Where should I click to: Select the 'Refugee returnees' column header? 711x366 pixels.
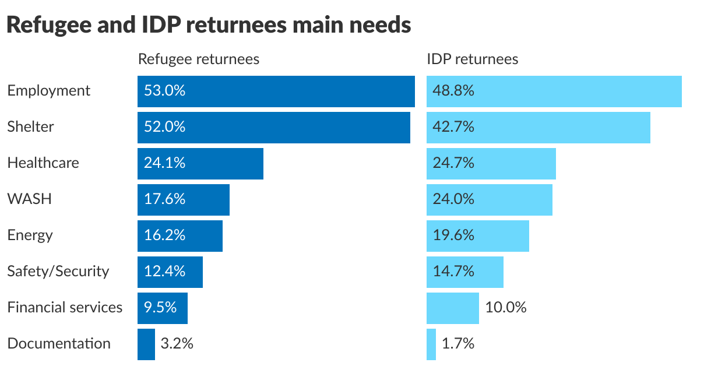pyautogui.click(x=198, y=59)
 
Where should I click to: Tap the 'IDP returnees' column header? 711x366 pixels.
pyautogui.click(x=472, y=59)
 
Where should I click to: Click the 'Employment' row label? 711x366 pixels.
pyautogui.click(x=49, y=91)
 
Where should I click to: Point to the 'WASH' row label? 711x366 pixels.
pyautogui.click(x=29, y=199)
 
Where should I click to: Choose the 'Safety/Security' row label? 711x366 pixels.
pyautogui.click(x=58, y=272)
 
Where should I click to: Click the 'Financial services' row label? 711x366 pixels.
pyautogui.click(x=65, y=308)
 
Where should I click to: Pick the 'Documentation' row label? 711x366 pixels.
pyautogui.click(x=59, y=344)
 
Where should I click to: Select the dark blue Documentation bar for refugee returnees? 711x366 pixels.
pyautogui.click(x=146, y=344)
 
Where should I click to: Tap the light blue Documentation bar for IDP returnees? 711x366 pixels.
pyautogui.click(x=431, y=344)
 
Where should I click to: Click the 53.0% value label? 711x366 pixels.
pyautogui.click(x=164, y=91)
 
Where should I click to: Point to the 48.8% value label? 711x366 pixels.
pyautogui.click(x=453, y=91)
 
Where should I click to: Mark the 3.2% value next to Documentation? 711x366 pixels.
pyautogui.click(x=177, y=344)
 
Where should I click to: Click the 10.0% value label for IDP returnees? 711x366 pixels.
pyautogui.click(x=505, y=308)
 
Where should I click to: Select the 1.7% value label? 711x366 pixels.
pyautogui.click(x=457, y=344)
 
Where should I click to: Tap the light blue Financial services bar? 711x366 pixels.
pyautogui.click(x=452, y=308)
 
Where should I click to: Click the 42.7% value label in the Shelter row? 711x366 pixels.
pyautogui.click(x=453, y=127)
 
